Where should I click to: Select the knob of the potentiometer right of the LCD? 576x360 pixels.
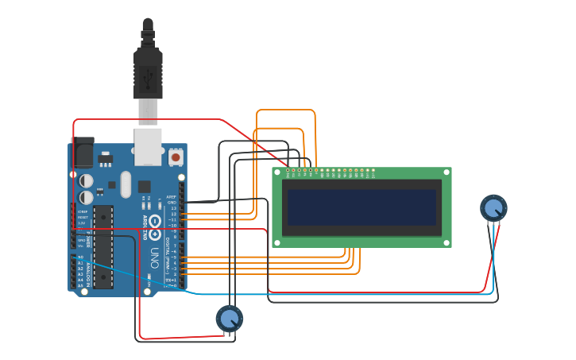[493, 208]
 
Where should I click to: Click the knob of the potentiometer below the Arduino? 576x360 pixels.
[230, 319]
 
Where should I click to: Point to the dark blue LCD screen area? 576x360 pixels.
[361, 207]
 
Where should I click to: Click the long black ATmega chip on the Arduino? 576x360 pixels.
[103, 247]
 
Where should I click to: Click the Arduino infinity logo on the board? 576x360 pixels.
[155, 222]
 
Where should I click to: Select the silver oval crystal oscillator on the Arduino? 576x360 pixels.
[125, 184]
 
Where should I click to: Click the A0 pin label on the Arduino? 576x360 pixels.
[80, 257]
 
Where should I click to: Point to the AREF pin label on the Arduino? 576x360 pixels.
[171, 196]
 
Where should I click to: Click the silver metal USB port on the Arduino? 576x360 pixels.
[148, 146]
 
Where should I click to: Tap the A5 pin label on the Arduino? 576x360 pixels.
[80, 285]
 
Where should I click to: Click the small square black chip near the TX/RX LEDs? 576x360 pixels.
[145, 187]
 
